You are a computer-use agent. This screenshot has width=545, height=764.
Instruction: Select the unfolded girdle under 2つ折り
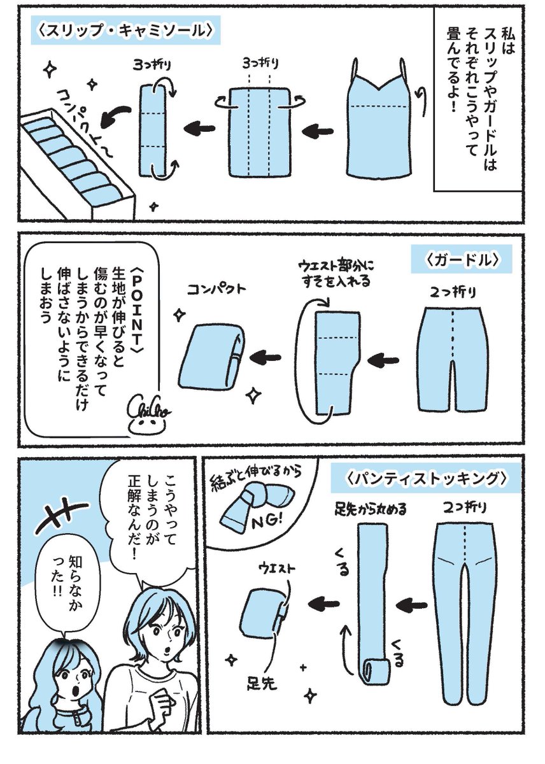click(x=453, y=363)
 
